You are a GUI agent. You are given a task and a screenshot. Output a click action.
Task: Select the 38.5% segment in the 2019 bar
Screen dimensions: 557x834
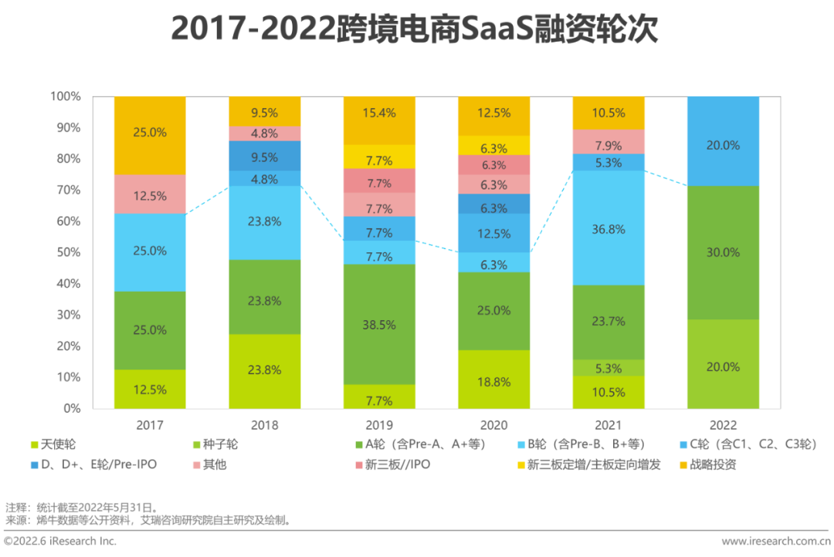pos(379,325)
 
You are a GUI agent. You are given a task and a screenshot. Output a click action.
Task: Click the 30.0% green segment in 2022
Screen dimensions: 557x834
pos(723,252)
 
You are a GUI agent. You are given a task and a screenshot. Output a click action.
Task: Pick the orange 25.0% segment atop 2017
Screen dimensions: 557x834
pos(150,133)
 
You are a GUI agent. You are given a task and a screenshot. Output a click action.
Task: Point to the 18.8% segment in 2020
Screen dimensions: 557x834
pos(493,379)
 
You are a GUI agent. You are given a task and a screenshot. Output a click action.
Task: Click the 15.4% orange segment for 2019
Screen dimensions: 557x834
pos(379,113)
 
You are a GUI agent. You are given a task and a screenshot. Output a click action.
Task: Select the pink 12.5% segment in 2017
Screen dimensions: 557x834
pos(150,196)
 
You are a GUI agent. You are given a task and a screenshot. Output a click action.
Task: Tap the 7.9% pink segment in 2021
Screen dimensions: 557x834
pos(609,146)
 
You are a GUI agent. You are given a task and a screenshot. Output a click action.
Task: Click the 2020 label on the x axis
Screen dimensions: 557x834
pos(493,425)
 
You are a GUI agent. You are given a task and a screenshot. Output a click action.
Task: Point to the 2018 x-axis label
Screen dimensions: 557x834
pos(264,425)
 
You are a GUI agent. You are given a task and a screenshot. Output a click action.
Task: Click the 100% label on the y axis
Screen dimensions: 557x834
pos(65,96)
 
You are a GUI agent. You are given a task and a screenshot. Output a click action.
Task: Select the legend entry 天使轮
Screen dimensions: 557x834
pos(57,444)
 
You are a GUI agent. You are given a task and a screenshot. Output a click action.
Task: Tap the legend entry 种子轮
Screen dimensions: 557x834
pos(219,444)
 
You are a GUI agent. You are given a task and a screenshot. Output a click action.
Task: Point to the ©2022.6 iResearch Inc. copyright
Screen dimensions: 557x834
pos(62,542)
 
